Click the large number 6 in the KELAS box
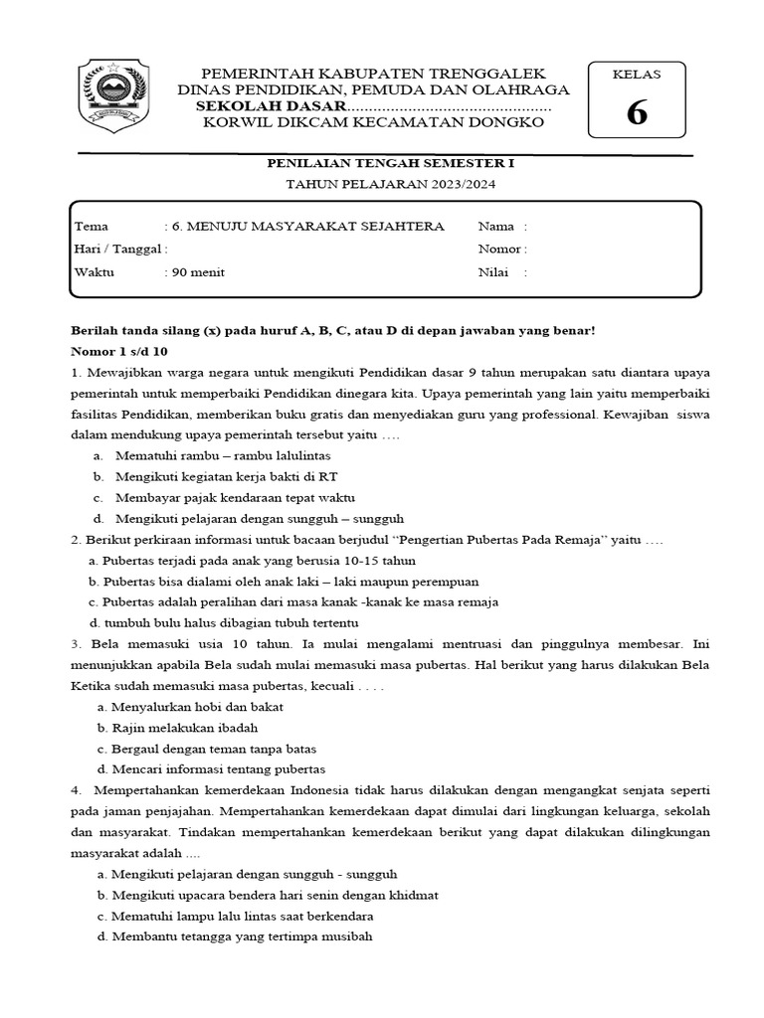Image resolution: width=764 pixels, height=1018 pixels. pyautogui.click(x=636, y=113)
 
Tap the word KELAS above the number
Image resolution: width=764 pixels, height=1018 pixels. pyautogui.click(x=636, y=75)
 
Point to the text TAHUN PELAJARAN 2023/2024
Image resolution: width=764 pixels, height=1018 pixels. pyautogui.click(x=382, y=185)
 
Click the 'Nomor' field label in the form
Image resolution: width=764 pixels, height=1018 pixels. pyautogui.click(x=498, y=250)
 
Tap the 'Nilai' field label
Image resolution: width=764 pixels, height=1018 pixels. pyautogui.click(x=494, y=272)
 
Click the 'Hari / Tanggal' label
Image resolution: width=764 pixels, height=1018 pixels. pyautogui.click(x=116, y=250)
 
